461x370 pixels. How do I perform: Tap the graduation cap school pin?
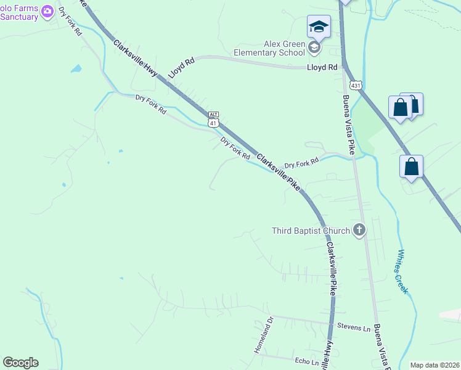tap(319, 27)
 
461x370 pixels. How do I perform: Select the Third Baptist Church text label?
tap(311, 231)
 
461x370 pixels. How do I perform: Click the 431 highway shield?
tap(355, 84)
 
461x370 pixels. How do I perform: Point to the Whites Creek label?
tap(404, 271)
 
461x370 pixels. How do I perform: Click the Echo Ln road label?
tap(306, 362)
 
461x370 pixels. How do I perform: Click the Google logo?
tap(20, 363)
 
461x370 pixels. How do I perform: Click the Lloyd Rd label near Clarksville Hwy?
tap(181, 69)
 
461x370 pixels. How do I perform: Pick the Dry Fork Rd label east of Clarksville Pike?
tap(301, 163)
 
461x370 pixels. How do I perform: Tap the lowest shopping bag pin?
tap(411, 166)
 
